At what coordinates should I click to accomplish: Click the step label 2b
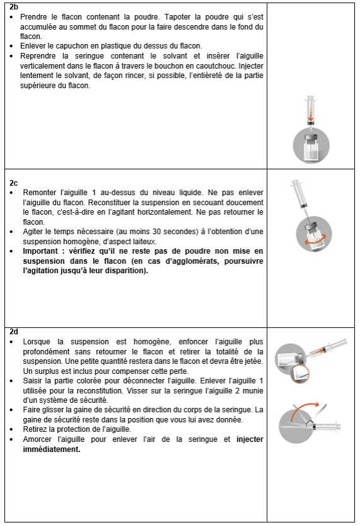point(14,7)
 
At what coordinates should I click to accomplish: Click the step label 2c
point(13,183)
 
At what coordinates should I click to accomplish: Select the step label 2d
point(14,332)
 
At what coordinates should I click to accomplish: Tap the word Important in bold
point(40,251)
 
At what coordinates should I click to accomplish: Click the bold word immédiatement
point(52,449)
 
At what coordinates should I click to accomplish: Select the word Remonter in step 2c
point(38,193)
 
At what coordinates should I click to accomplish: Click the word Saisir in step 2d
point(32,381)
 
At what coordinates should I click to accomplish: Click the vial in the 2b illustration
point(311,147)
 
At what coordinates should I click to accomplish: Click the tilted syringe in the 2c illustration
point(300,195)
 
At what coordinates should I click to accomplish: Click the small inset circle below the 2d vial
point(300,374)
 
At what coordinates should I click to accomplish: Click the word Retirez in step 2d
point(35,429)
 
